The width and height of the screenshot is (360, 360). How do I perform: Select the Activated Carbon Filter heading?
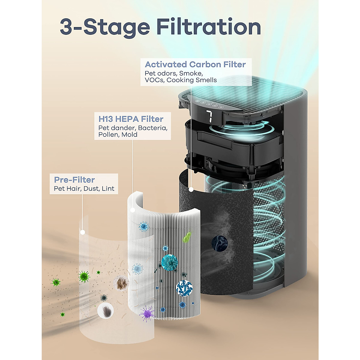pyautogui.click(x=195, y=64)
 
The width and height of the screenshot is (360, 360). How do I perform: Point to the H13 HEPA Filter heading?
pyautogui.click(x=131, y=119)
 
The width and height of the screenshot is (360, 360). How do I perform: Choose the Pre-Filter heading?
pyautogui.click(x=74, y=180)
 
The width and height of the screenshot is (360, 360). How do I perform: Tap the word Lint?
pyautogui.click(x=108, y=189)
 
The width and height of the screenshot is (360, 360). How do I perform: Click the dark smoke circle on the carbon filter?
pyautogui.click(x=220, y=242)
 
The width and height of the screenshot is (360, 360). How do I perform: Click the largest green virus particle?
pyautogui.click(x=84, y=276)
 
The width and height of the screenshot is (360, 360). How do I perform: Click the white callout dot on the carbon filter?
pyautogui.click(x=191, y=189)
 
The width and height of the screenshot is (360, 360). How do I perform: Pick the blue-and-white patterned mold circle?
pyautogui.click(x=184, y=288)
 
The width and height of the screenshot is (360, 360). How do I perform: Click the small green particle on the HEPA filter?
pyautogui.click(x=188, y=236)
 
